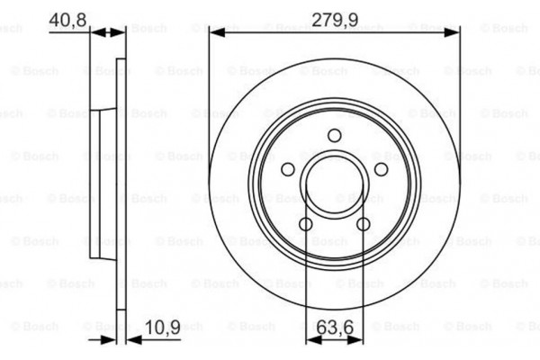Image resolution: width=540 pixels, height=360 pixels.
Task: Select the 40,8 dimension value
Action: [x=67, y=18]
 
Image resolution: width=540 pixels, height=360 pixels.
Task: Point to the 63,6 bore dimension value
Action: [x=335, y=328]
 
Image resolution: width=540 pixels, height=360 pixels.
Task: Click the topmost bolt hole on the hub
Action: [x=334, y=136]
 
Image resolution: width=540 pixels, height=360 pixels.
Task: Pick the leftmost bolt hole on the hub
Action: [x=287, y=170]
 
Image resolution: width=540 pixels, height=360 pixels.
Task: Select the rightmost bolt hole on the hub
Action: [x=381, y=170]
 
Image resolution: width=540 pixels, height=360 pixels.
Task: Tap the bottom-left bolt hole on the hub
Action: [x=305, y=224]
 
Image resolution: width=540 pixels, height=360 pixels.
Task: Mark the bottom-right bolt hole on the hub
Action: [x=364, y=224]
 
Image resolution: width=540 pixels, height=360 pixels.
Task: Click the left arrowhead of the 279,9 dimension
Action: [x=214, y=32]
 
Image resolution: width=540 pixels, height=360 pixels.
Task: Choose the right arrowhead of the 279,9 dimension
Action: [x=454, y=32]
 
